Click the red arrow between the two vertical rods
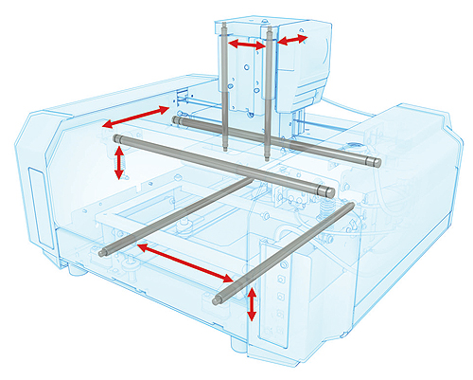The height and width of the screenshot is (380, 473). pyautogui.click(x=247, y=45)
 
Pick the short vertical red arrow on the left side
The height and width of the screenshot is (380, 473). pyautogui.click(x=118, y=162)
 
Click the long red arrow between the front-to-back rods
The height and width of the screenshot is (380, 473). pyautogui.click(x=184, y=263)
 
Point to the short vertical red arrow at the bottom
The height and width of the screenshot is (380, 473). pyautogui.click(x=251, y=306)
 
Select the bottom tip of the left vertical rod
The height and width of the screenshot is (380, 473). pyautogui.click(x=225, y=150)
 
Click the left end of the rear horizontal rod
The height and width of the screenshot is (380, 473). pyautogui.click(x=177, y=120)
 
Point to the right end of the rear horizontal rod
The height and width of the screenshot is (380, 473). pyautogui.click(x=377, y=162)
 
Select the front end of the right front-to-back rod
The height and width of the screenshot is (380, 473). pyautogui.click(x=219, y=301)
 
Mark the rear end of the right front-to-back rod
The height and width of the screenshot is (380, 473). pyautogui.click(x=351, y=204)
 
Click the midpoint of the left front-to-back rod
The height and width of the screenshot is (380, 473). pyautogui.click(x=175, y=215)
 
